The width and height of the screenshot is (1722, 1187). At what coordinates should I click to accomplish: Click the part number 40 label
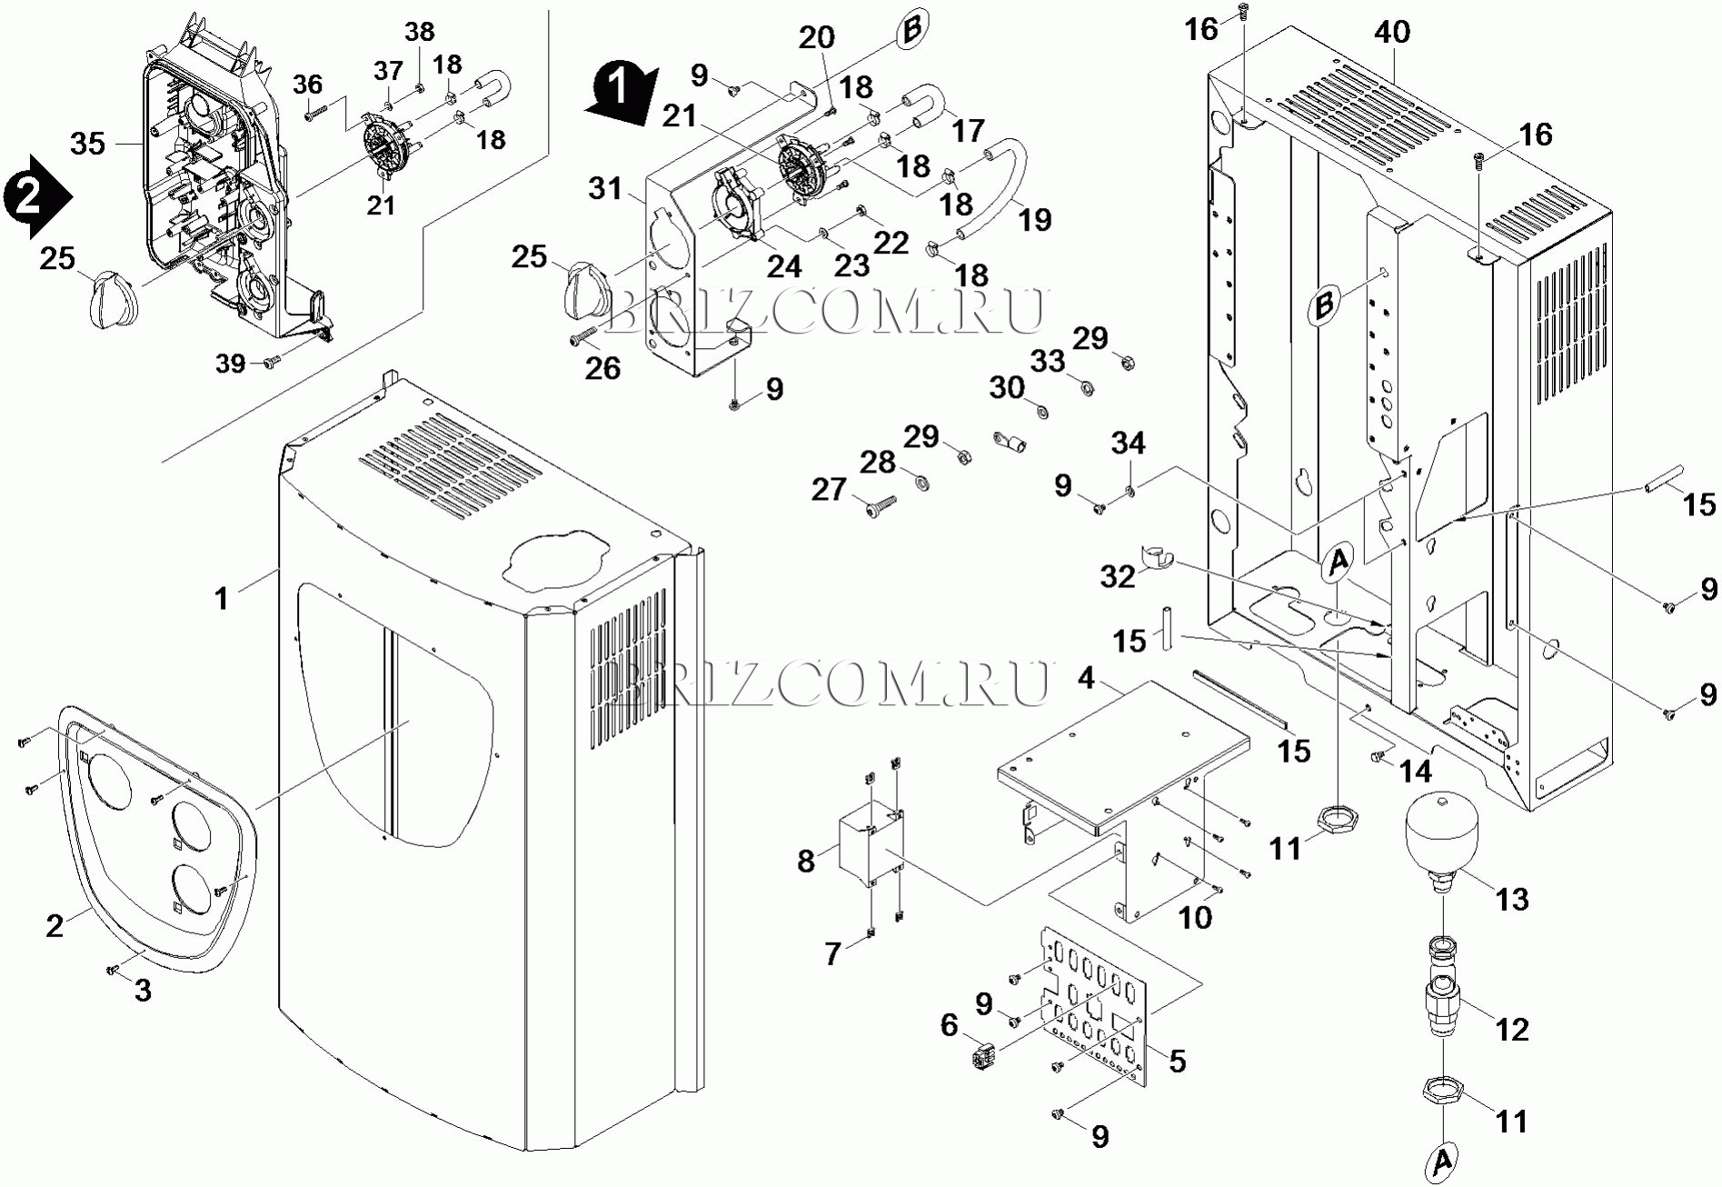1391,33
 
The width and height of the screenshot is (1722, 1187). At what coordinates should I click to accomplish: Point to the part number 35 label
88,144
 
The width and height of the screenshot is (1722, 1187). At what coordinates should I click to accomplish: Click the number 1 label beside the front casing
221,598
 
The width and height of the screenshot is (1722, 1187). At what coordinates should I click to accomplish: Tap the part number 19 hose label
1035,219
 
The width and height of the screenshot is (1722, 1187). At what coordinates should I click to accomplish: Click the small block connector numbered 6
982,1057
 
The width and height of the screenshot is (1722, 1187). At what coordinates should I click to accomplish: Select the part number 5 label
1177,1061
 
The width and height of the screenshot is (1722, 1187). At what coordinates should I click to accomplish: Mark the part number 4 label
1086,678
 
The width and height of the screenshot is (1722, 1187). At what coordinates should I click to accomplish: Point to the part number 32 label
1117,576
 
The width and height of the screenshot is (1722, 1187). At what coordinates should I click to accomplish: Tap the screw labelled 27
881,500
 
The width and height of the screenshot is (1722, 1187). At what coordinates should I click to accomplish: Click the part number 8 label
806,860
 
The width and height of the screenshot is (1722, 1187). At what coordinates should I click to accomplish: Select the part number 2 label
55,925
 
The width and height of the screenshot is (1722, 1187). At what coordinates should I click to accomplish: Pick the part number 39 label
231,364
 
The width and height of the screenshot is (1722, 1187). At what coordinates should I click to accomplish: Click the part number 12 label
1512,1029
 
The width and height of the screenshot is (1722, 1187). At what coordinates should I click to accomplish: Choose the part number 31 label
604,189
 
